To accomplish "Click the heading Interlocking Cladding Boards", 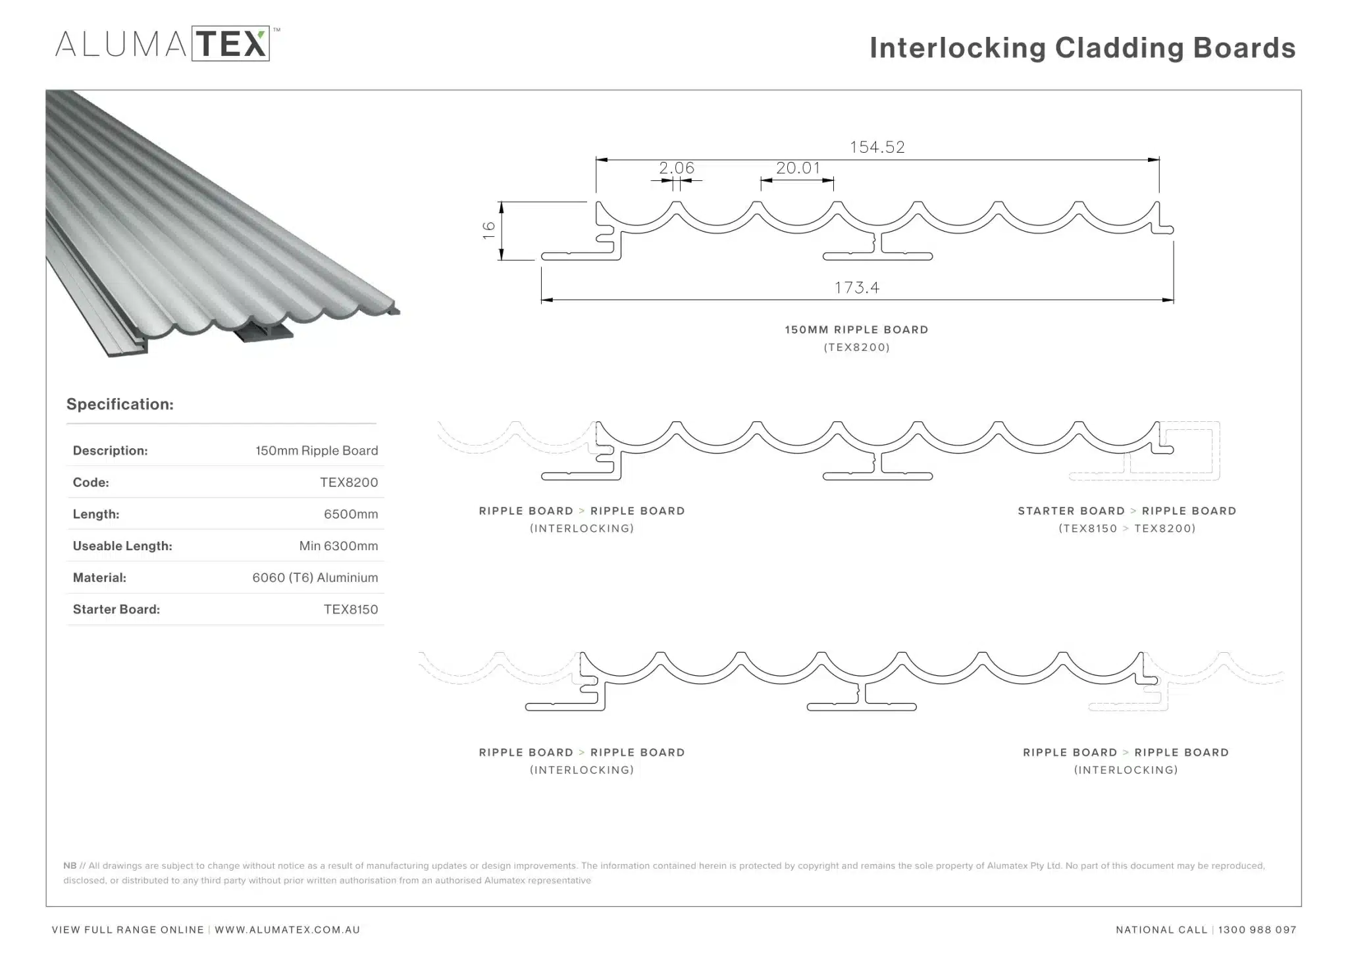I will click(1082, 48).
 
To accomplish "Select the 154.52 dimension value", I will click(877, 147).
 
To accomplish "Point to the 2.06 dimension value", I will click(677, 168).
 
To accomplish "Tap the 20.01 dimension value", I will click(798, 168).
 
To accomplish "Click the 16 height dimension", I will click(488, 230).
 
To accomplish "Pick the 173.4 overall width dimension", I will click(856, 288).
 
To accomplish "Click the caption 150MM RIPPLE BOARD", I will click(856, 330).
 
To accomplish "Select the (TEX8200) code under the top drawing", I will click(856, 348).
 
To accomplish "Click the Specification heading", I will click(120, 404).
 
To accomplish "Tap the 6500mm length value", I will click(351, 514).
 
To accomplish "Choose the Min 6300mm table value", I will click(338, 546).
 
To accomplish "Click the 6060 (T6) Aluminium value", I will click(315, 577).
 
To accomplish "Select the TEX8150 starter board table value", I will click(351, 609).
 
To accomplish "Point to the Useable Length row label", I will click(122, 546).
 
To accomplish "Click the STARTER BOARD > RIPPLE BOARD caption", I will click(1127, 511).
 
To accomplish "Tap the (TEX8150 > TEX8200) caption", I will click(1127, 528).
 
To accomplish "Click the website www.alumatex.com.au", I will click(287, 930).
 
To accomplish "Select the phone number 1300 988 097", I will click(1257, 930).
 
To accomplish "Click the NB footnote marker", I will click(70, 865).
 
